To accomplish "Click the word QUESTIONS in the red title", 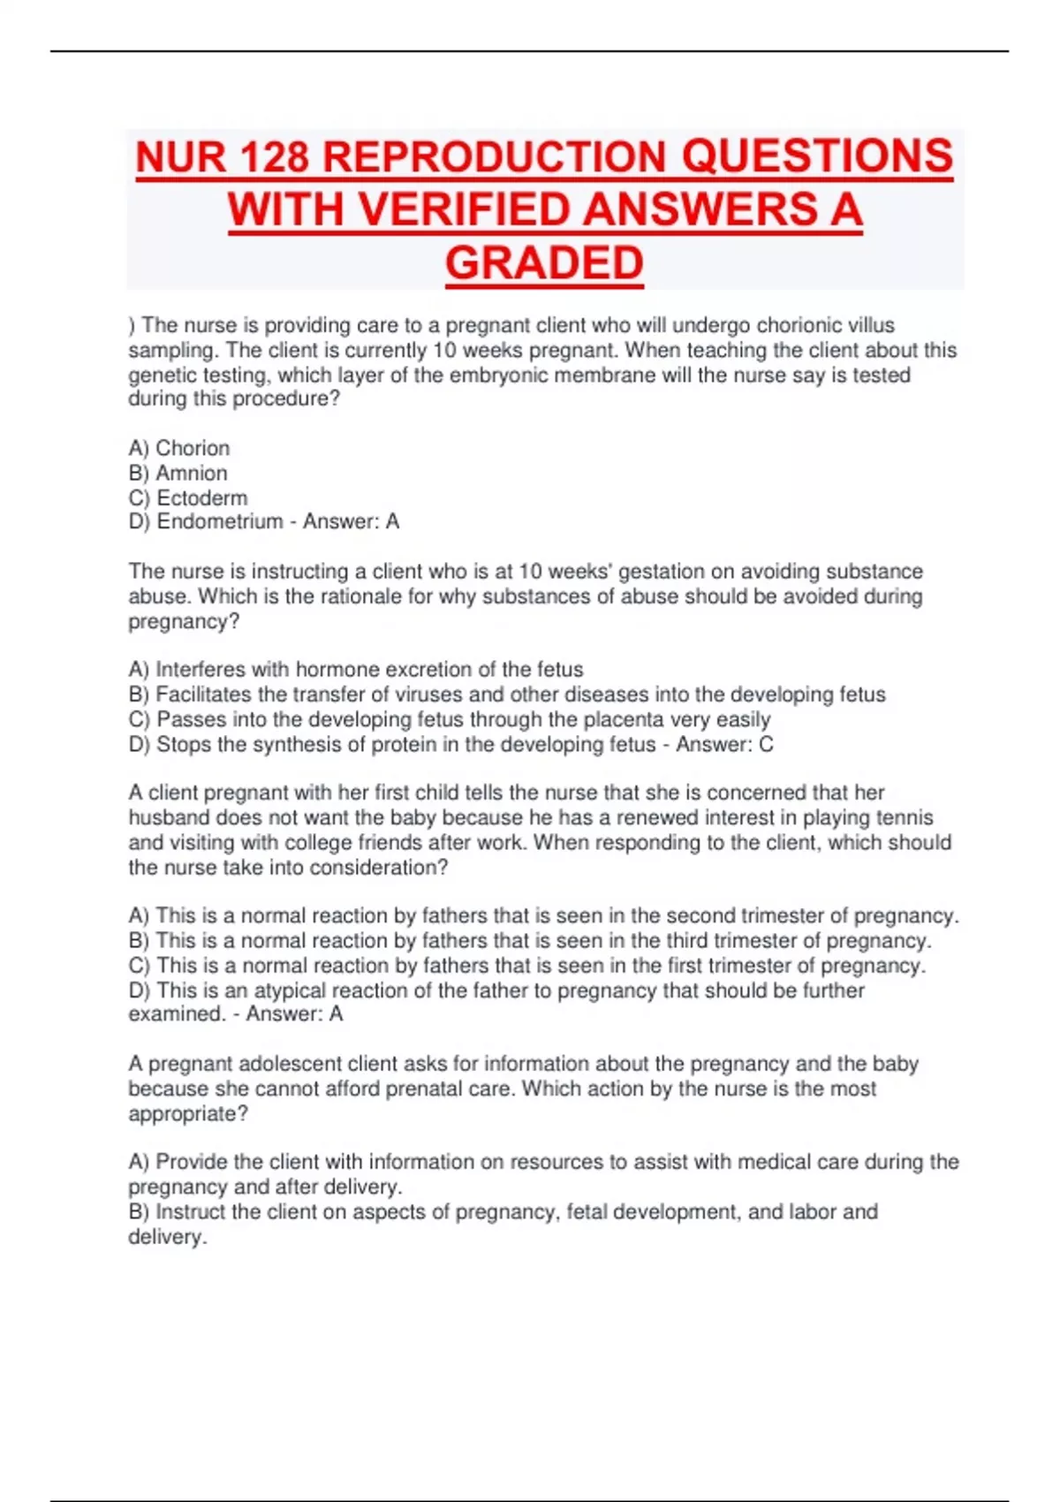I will pos(817,158).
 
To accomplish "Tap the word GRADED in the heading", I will pos(544,263).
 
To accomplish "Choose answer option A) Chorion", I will pos(179,448).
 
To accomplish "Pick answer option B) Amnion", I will pos(178,473).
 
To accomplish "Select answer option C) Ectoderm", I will pos(188,497).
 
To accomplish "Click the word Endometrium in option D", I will pos(220,521).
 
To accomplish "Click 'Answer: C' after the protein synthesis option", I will pos(724,744).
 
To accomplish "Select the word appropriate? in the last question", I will pos(188,1113).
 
